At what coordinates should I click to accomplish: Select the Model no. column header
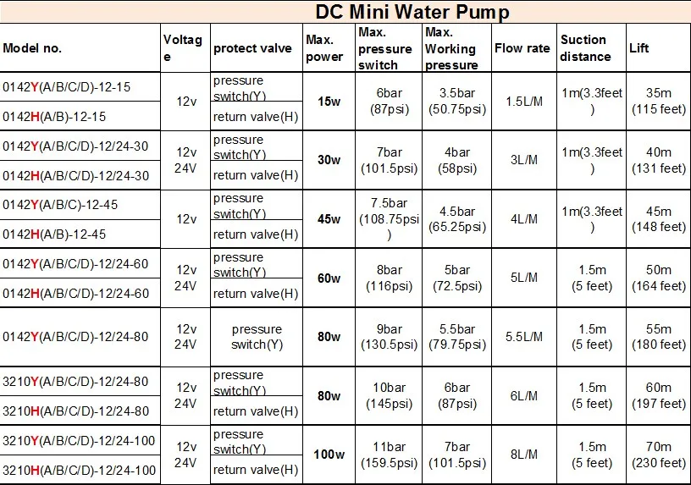(32, 48)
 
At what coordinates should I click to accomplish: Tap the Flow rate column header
(522, 48)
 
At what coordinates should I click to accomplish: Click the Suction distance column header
(584, 48)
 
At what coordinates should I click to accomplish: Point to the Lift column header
(639, 48)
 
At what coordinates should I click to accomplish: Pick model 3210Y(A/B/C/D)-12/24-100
(79, 441)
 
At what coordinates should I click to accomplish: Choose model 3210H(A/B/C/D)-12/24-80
(75, 411)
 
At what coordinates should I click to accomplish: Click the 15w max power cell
(329, 102)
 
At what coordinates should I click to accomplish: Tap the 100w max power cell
(329, 455)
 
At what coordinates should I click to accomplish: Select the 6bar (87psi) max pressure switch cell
(390, 102)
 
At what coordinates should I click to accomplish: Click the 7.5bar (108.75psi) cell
(390, 219)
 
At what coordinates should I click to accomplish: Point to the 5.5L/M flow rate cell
(522, 337)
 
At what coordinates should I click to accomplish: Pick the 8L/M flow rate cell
(522, 455)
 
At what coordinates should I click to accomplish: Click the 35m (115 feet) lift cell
(658, 102)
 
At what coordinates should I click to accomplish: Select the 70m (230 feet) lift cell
(658, 455)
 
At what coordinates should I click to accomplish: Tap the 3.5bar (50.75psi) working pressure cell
(457, 102)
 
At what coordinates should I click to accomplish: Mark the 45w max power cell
(329, 219)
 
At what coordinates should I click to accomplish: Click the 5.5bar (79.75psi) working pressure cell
(457, 337)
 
